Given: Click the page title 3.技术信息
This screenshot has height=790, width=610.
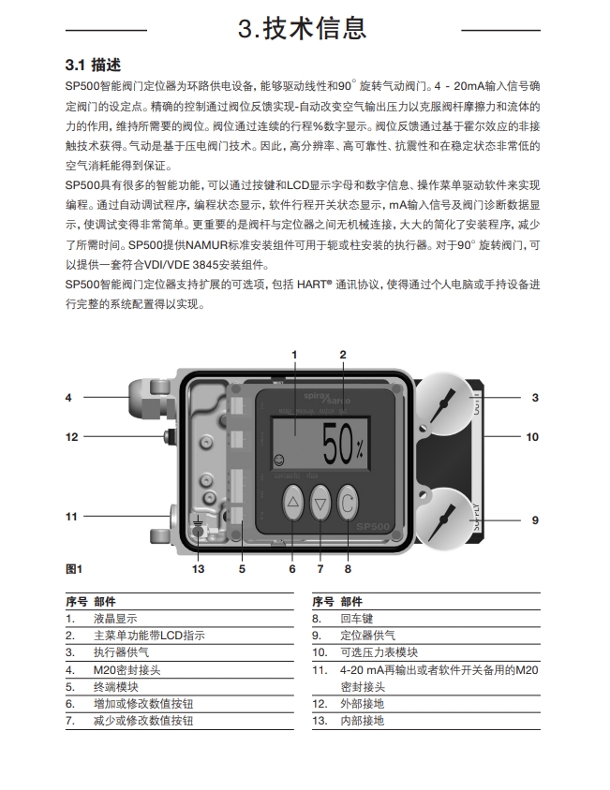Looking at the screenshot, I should click(305, 28).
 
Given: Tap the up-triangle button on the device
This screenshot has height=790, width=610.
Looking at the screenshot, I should click(292, 502).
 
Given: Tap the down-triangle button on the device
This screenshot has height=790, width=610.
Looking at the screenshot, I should click(320, 502).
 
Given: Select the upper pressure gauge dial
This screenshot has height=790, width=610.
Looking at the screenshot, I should click(449, 402).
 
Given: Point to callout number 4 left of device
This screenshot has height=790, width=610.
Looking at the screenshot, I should click(68, 398).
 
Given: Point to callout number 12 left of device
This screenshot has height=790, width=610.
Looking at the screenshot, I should click(71, 436).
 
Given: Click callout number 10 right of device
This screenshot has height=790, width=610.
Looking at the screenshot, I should click(531, 437).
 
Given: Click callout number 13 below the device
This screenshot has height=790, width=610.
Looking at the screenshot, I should click(198, 568).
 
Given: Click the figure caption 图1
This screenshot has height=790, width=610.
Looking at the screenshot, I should click(75, 568).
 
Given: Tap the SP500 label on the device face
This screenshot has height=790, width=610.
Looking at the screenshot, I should click(371, 528).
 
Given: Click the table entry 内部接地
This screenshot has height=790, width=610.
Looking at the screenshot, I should click(362, 721).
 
